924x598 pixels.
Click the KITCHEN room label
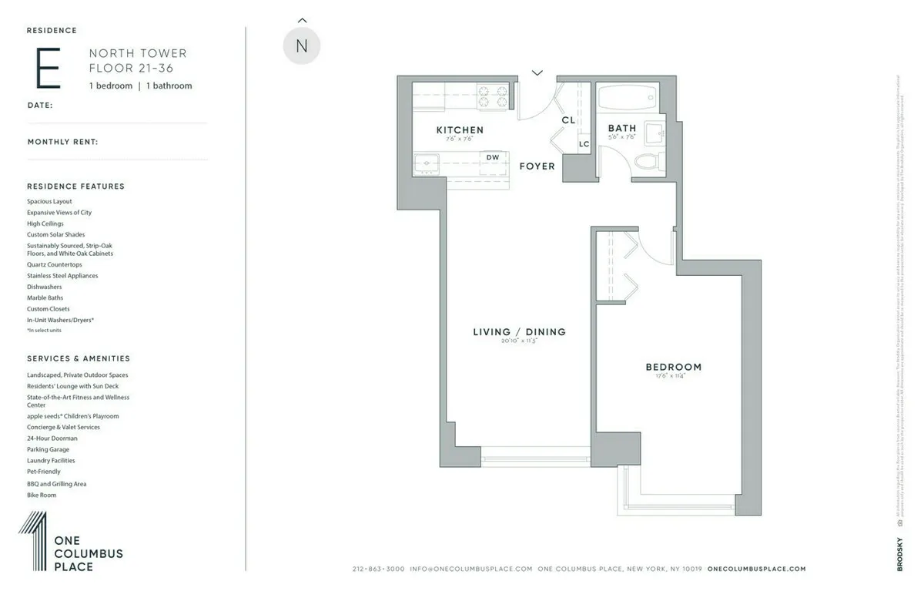click(x=460, y=129)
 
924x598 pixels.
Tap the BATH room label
click(x=622, y=128)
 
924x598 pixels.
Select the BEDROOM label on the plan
click(x=673, y=367)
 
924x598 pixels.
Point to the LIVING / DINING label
click(x=519, y=332)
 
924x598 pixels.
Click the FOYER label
click(x=537, y=166)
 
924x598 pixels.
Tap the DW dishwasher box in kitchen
click(x=493, y=157)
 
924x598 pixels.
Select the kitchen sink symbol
click(x=425, y=164)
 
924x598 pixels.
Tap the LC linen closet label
click(x=584, y=143)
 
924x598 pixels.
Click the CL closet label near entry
click(x=568, y=120)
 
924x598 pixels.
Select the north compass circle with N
click(x=302, y=46)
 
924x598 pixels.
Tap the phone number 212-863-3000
click(x=378, y=569)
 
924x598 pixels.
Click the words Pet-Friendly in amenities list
click(x=44, y=472)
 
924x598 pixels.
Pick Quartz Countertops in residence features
click(x=55, y=264)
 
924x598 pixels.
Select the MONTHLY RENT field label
click(x=62, y=142)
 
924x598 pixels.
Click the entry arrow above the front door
click(x=537, y=73)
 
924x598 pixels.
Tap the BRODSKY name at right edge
click(x=899, y=554)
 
